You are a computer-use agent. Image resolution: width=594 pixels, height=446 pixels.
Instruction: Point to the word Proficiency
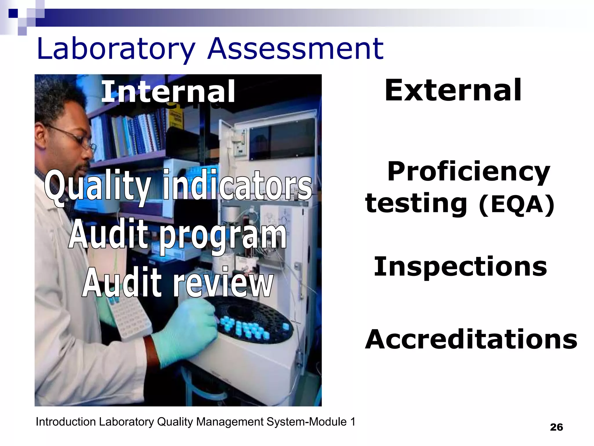pos(468,172)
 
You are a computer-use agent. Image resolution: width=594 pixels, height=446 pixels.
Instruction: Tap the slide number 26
pos(556,427)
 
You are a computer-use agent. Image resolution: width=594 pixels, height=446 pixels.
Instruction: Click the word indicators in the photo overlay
pos(237,186)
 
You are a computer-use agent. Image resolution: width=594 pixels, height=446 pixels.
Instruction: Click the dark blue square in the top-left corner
pos(13,13)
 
